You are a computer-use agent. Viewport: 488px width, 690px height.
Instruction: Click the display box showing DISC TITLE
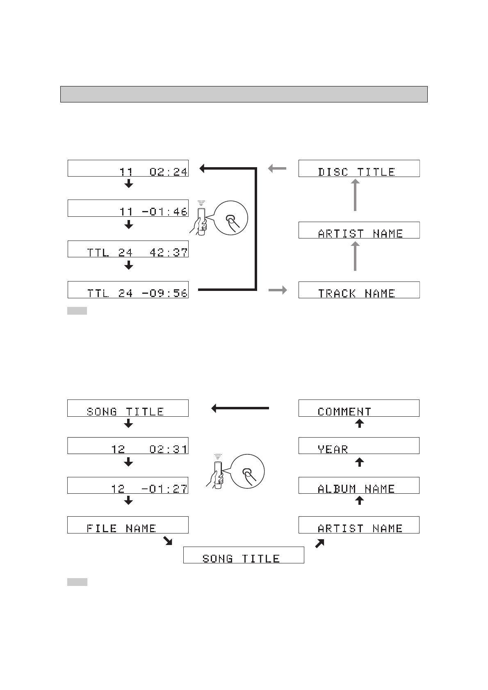(x=359, y=168)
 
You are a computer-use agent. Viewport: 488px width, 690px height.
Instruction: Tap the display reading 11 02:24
(x=128, y=168)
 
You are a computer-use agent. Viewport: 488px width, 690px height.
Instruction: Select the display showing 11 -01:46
(x=128, y=208)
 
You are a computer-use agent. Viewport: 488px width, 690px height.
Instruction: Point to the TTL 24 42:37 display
(x=128, y=249)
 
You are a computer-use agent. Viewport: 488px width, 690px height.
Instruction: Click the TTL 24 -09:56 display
(x=128, y=290)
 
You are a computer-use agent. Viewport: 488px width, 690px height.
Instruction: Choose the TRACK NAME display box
(x=359, y=290)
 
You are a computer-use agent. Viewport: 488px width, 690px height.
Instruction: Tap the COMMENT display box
(x=359, y=408)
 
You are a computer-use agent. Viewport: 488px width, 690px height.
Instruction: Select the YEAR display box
(x=359, y=446)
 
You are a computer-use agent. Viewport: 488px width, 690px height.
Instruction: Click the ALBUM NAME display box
(x=359, y=486)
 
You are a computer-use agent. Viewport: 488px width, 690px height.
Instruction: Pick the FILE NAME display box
(x=128, y=525)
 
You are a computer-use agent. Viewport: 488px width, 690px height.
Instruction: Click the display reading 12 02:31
(x=128, y=446)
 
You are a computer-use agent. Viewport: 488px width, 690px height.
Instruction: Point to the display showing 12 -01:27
(x=128, y=486)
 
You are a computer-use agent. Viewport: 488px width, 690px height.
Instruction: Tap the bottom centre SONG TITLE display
(x=244, y=555)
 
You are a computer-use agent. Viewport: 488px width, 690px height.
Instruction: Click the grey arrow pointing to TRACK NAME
(x=278, y=290)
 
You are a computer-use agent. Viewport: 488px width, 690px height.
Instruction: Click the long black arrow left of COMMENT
(x=240, y=408)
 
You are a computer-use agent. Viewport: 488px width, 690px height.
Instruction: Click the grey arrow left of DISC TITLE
(x=277, y=168)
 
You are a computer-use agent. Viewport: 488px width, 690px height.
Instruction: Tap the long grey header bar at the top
(x=244, y=94)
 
